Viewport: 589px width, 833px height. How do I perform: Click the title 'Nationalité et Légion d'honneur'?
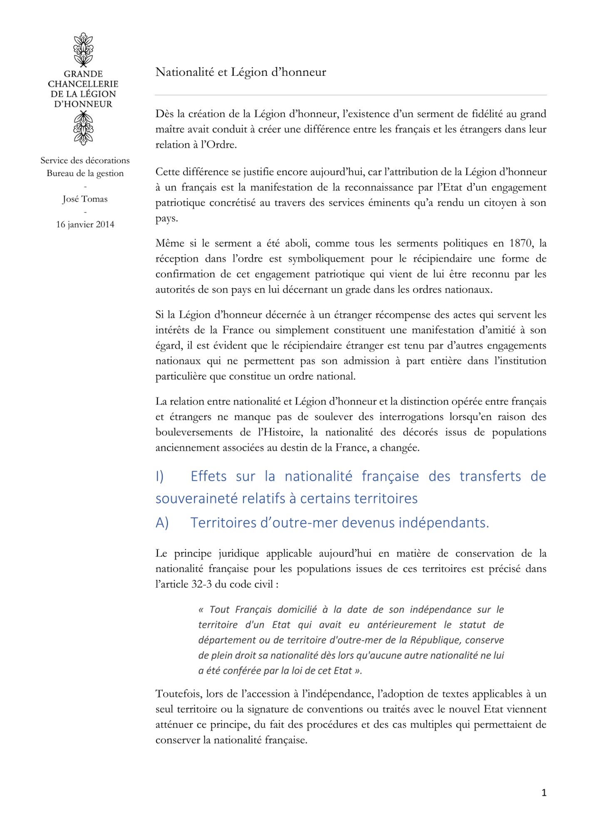point(241,72)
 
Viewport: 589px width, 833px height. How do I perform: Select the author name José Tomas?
point(85,199)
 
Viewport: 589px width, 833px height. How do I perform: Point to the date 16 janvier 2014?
point(85,224)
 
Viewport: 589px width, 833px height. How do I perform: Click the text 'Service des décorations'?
point(85,160)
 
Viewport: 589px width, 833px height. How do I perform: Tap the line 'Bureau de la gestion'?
point(85,173)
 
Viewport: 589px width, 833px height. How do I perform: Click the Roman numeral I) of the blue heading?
point(159,476)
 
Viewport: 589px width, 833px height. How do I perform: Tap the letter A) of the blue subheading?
point(162,523)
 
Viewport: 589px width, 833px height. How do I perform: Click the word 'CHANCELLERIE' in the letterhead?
point(83,84)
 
